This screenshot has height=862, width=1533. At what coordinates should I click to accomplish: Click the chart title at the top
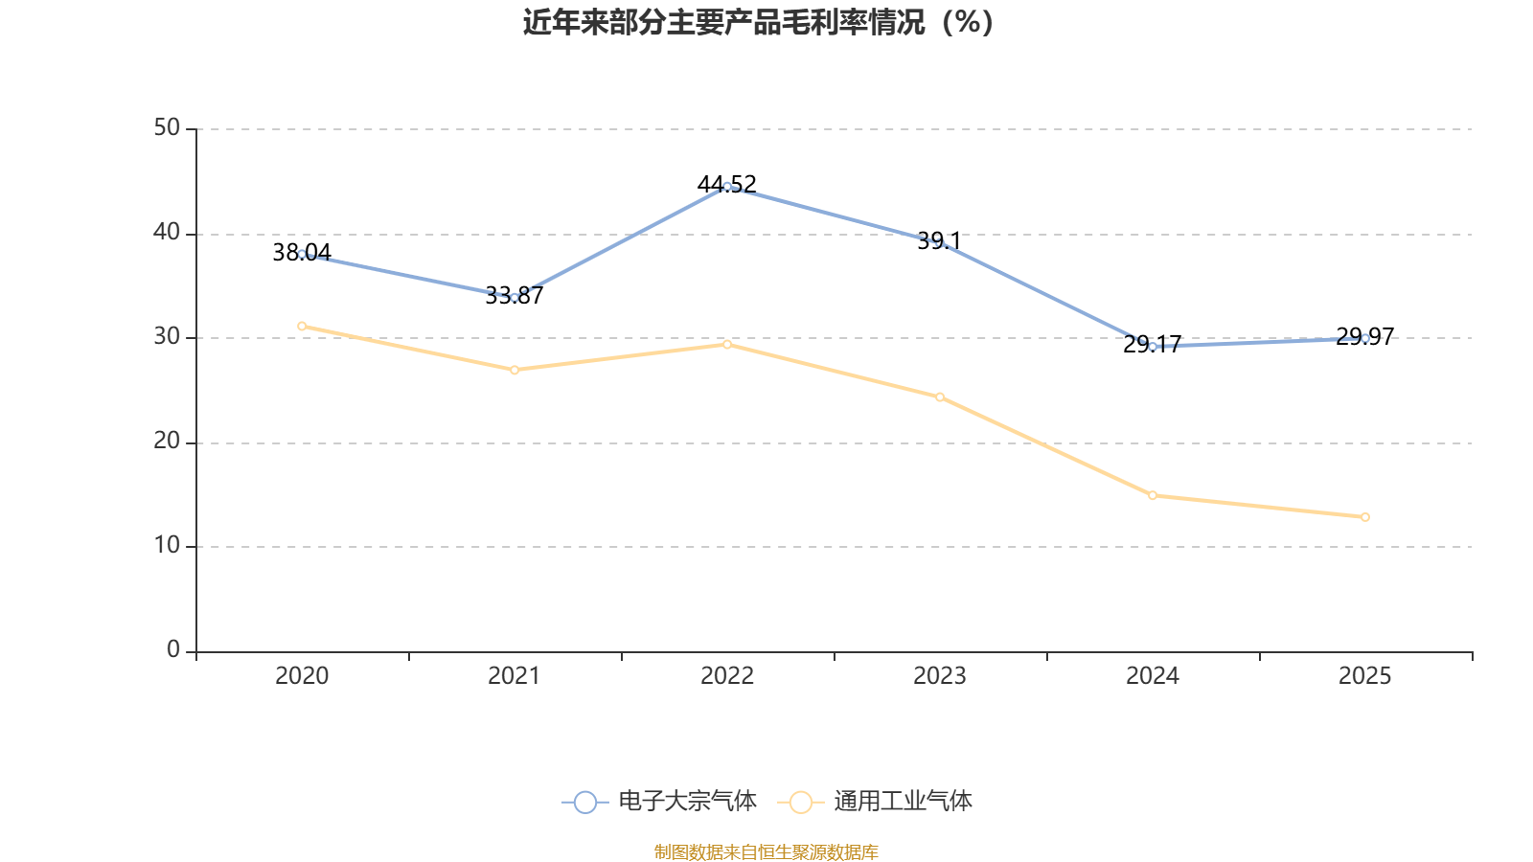coord(757,22)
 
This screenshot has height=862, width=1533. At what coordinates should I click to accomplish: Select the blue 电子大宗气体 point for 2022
coord(727,186)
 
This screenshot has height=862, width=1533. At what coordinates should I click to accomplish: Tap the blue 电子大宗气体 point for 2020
coord(302,254)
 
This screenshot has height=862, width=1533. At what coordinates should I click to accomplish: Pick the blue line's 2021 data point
coord(515,297)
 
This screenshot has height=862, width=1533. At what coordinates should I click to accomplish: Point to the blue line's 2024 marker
coord(1153,346)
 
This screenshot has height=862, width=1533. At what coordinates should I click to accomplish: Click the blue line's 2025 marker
coord(1365,337)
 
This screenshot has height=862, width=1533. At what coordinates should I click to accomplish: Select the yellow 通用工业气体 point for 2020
coord(302,326)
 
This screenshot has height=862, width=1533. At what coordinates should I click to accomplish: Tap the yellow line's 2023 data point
coord(940,397)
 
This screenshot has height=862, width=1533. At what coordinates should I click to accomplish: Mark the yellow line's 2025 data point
coord(1365,517)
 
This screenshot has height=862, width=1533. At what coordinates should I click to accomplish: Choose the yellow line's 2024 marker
coord(1153,495)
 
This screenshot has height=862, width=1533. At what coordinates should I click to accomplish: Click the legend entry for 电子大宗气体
coord(660,802)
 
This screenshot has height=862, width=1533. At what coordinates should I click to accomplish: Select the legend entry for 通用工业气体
coord(876,802)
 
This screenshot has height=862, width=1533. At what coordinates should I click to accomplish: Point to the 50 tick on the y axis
coord(167,128)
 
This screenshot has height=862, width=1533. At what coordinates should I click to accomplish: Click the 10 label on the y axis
coord(167,546)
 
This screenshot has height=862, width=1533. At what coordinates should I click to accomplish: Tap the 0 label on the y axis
coord(173,650)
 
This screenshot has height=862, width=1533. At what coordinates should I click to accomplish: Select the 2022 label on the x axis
coord(727,676)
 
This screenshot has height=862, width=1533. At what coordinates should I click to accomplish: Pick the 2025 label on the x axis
coord(1364,676)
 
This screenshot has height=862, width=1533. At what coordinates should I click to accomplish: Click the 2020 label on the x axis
coord(302,676)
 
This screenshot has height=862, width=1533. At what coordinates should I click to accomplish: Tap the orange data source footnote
coord(766,851)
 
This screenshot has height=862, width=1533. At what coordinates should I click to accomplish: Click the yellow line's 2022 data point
coord(727,344)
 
